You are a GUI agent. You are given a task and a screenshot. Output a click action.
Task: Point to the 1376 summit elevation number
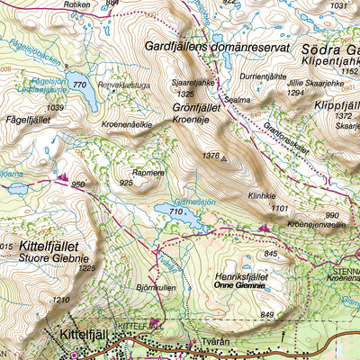[211, 157]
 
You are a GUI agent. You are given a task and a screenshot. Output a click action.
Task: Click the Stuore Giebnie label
[49, 256]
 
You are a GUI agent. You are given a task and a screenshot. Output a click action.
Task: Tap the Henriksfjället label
[242, 278]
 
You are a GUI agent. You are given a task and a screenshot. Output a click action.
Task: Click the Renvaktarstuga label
[123, 85]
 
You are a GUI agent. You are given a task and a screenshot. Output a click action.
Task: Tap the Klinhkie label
[260, 196]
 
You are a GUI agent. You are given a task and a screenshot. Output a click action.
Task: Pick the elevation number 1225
[86, 267]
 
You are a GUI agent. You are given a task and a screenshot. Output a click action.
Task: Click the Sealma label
[238, 101]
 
